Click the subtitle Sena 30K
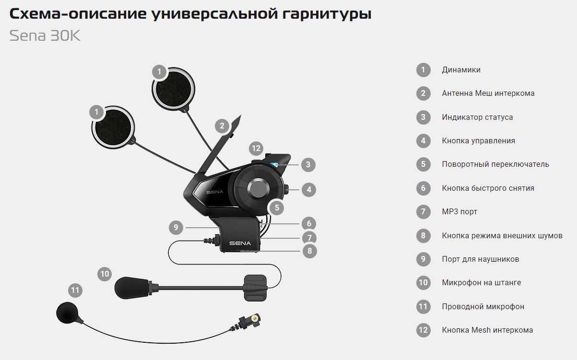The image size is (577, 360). pyautogui.click(x=45, y=35)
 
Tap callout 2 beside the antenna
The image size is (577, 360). pyautogui.click(x=222, y=126)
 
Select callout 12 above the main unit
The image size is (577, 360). pyautogui.click(x=256, y=148)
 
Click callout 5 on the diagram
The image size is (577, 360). pyautogui.click(x=277, y=208)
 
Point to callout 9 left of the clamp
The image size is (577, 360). pyautogui.click(x=176, y=227)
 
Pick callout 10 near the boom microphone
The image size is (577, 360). pyautogui.click(x=105, y=274)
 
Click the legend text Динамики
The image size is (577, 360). pyautogui.click(x=461, y=70)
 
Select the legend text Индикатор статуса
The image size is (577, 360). pyautogui.click(x=477, y=117)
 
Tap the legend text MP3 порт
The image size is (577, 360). pyautogui.click(x=459, y=212)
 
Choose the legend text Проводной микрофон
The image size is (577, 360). pyautogui.click(x=483, y=306)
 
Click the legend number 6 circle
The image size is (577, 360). pyautogui.click(x=423, y=188)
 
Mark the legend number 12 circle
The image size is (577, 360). pyautogui.click(x=423, y=330)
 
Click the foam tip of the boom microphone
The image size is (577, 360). pyautogui.click(x=131, y=288)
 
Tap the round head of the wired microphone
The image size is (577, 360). pyautogui.click(x=67, y=313)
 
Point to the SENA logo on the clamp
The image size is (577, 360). pyautogui.click(x=240, y=243)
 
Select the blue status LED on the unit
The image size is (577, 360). pyautogui.click(x=274, y=164)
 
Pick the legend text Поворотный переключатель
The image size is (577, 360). pyautogui.click(x=495, y=164)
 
